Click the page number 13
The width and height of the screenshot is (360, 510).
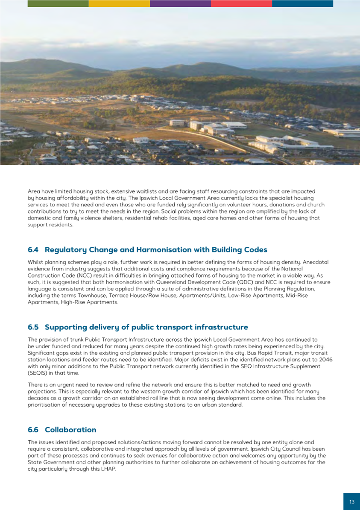click(x=351, y=502)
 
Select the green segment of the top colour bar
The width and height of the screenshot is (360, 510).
click(x=58, y=3)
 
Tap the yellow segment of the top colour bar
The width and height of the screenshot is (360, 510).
click(x=119, y=3)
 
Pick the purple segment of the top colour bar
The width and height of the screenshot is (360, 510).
click(x=180, y=3)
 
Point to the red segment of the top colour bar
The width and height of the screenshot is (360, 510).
click(x=241, y=3)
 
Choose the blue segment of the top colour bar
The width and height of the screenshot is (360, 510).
click(x=302, y=3)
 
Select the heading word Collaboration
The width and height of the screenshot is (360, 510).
click(x=70, y=429)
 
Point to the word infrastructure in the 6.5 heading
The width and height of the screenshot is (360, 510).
click(x=221, y=327)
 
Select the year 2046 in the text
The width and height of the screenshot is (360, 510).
click(x=325, y=360)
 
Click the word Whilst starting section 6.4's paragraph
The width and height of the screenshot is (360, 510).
click(x=36, y=262)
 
